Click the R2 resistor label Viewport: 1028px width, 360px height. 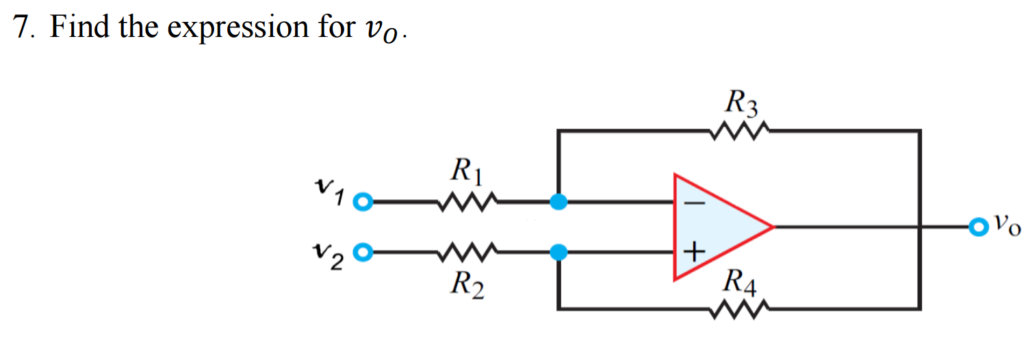coord(467,284)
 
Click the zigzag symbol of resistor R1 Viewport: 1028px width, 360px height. coord(466,202)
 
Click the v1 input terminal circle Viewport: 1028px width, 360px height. coord(365,203)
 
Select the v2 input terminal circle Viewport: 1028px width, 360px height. coord(365,253)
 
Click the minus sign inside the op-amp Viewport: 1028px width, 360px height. coord(693,203)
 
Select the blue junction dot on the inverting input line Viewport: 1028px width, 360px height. coord(559,202)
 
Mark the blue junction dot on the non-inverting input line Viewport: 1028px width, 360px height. coord(559,253)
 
